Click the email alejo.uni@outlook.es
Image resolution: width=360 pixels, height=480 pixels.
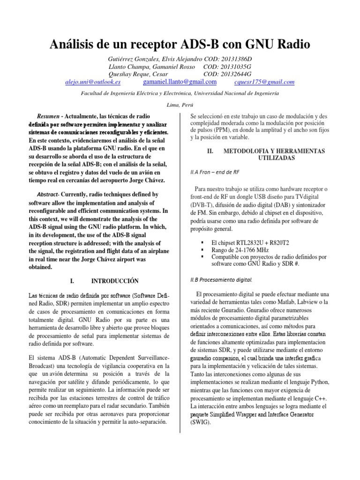point(93,82)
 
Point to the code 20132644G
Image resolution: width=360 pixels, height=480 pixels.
point(234,74)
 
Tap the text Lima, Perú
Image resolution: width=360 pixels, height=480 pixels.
point(180,105)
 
